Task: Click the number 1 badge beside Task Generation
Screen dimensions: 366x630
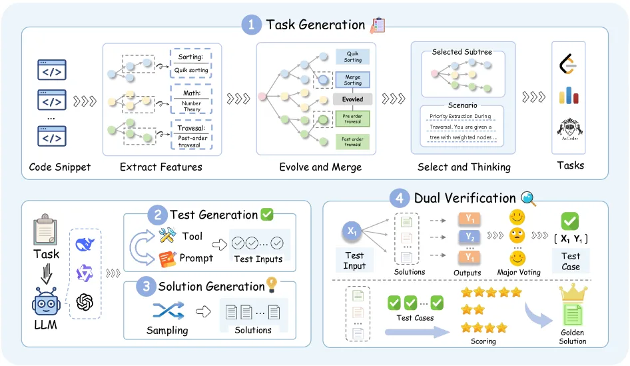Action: coord(251,25)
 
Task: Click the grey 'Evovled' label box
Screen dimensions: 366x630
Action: coord(352,99)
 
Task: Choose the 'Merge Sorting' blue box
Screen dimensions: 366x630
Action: coord(352,79)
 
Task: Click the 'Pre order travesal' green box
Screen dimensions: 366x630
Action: coord(352,119)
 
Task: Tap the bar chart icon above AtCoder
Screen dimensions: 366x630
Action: coord(568,96)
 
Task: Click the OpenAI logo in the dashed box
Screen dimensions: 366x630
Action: coord(85,302)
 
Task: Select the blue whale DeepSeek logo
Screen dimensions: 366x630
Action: coord(85,244)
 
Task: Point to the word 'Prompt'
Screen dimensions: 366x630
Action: coord(196,257)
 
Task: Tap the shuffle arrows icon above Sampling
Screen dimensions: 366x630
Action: coord(168,310)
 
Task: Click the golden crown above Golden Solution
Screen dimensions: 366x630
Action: coord(572,293)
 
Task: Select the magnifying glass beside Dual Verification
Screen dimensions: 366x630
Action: coord(528,198)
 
